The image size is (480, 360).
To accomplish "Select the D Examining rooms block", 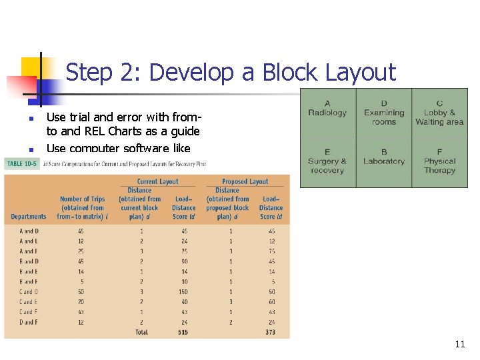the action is click(x=384, y=112).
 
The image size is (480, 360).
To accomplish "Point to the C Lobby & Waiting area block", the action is click(x=439, y=112).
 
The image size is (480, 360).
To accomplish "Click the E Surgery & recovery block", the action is click(x=327, y=161).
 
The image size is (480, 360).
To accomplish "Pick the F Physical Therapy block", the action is click(x=439, y=161).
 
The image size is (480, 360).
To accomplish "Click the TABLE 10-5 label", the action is click(x=21, y=163).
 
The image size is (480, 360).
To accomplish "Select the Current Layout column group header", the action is click(x=157, y=181).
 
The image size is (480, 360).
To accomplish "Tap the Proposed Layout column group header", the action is click(x=245, y=181).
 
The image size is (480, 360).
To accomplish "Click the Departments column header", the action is click(x=29, y=216).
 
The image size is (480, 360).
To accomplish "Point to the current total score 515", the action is click(x=183, y=332).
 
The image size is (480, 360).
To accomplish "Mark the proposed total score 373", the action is click(x=271, y=332).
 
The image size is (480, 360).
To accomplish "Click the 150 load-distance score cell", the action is click(x=183, y=291).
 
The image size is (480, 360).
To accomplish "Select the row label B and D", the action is click(x=29, y=261).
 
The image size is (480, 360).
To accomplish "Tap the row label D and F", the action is click(x=29, y=322).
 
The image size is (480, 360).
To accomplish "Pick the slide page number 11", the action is click(x=459, y=344).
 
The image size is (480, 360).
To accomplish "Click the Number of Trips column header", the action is click(x=83, y=207).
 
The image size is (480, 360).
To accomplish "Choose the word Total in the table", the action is click(x=141, y=332).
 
